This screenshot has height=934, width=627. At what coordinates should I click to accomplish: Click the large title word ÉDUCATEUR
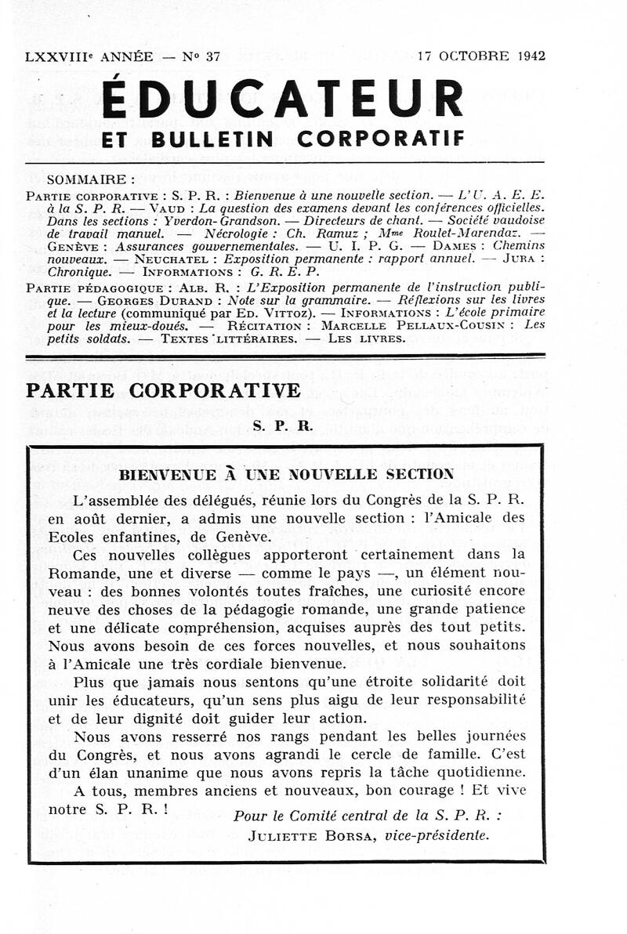(283, 100)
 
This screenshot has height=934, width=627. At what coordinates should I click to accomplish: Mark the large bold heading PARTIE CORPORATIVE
(163, 390)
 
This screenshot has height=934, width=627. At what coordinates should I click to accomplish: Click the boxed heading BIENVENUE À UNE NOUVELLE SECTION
(285, 474)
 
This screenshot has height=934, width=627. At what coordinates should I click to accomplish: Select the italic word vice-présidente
(437, 835)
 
